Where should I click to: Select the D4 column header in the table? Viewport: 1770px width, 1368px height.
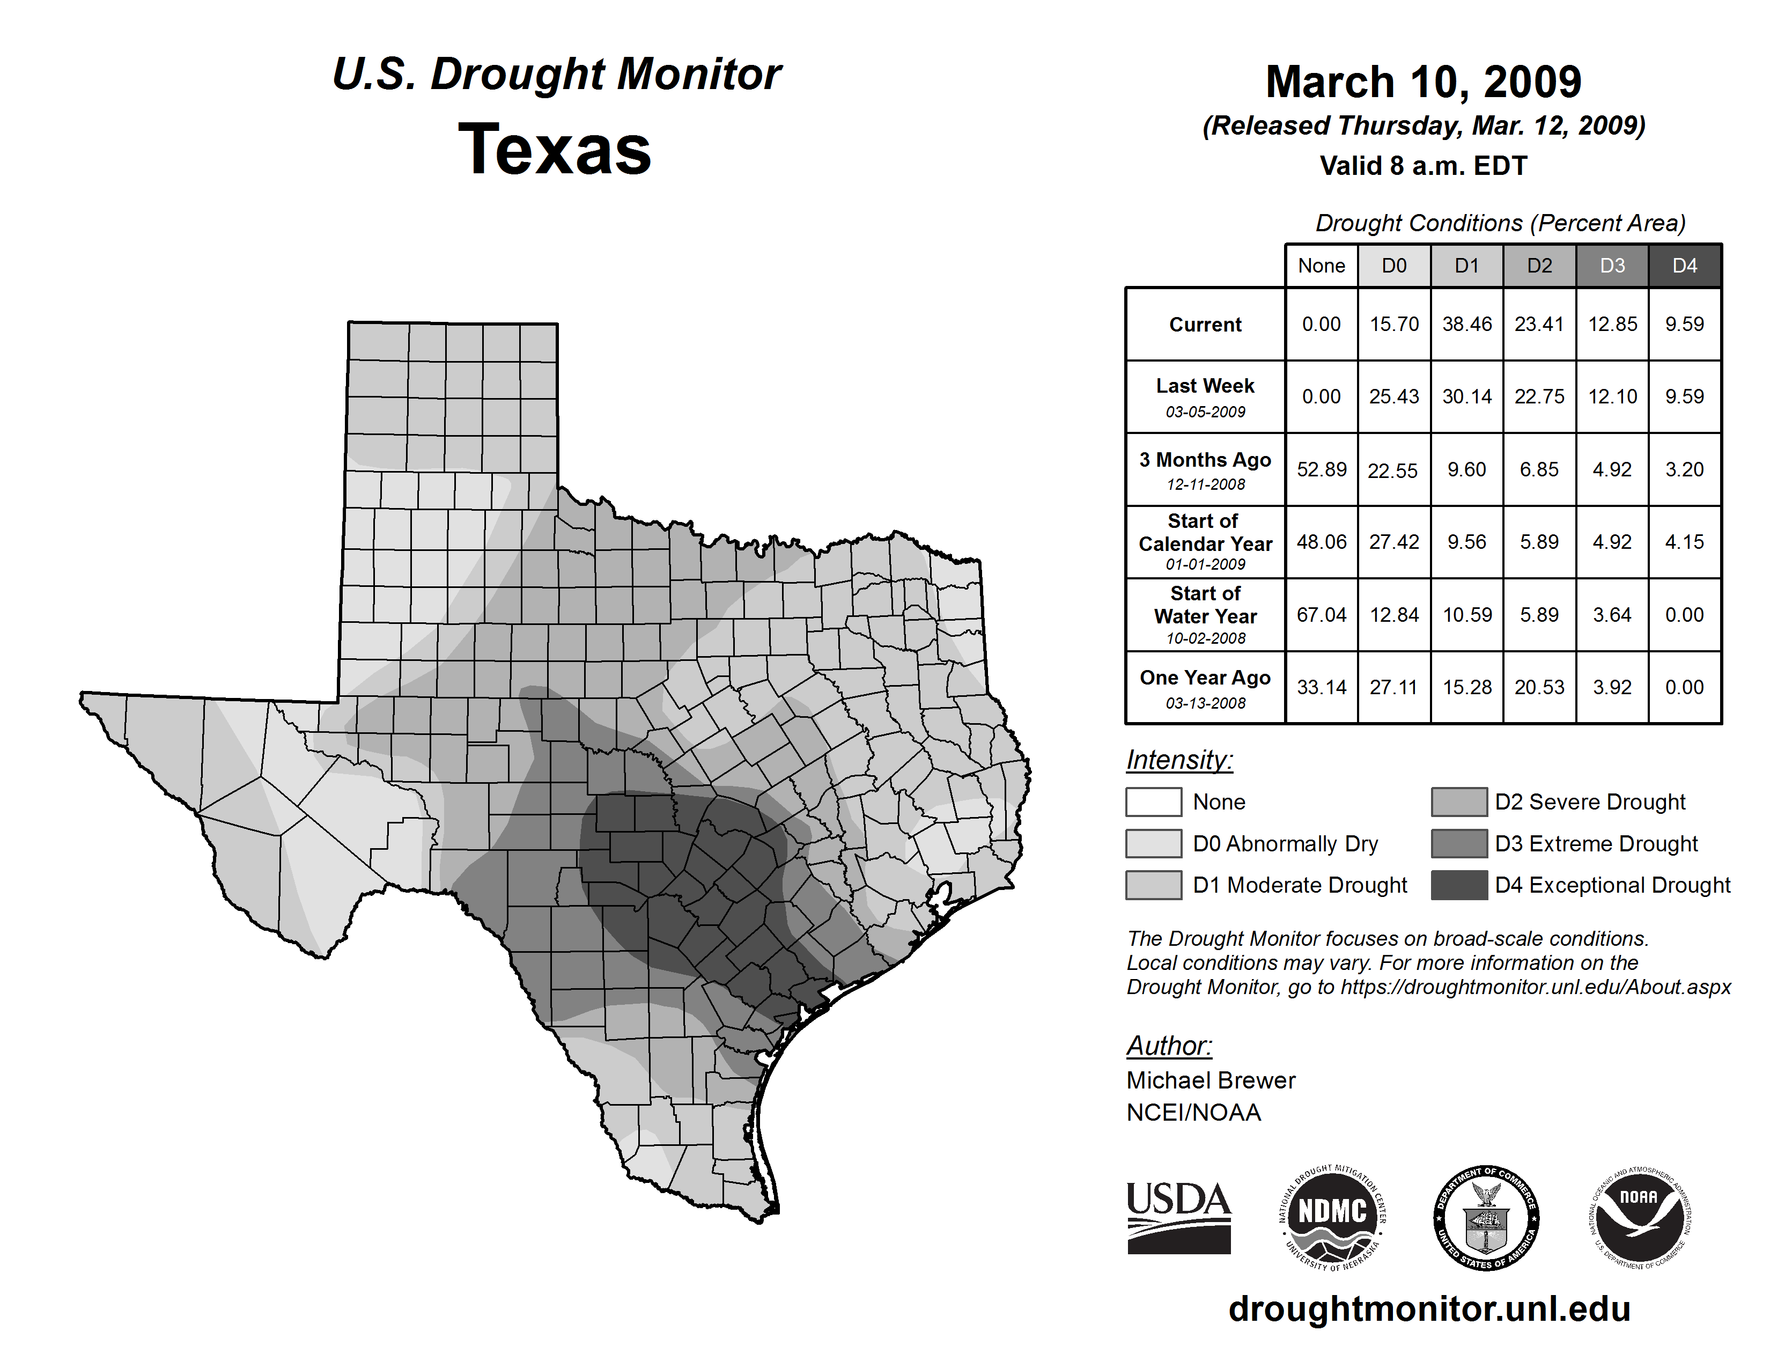(1684, 266)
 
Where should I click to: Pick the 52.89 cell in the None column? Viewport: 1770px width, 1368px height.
(1321, 469)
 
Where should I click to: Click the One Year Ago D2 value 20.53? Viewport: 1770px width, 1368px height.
(1539, 687)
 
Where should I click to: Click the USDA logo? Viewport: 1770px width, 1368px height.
(1178, 1217)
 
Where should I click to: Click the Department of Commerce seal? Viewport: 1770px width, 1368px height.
(1486, 1217)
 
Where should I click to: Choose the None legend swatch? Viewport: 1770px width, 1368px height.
(1153, 801)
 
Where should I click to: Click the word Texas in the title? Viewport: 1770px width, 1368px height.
(555, 149)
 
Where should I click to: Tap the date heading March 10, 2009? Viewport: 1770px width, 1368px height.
(1423, 82)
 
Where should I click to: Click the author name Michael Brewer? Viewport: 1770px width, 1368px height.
(1211, 1080)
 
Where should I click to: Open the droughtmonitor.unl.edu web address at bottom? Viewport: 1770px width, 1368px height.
(1429, 1309)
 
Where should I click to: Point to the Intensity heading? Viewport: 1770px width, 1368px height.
(1179, 760)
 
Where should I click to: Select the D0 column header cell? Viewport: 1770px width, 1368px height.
(1394, 266)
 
